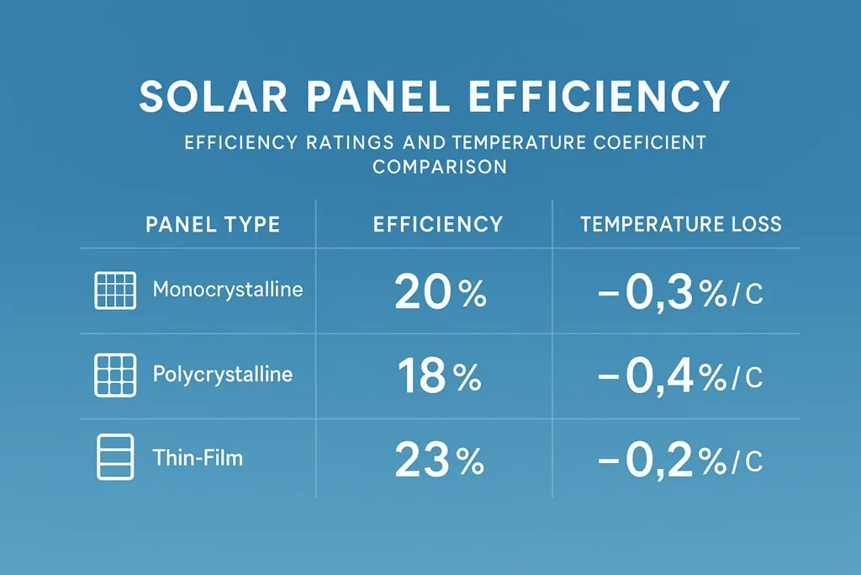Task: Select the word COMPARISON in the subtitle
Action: tap(440, 167)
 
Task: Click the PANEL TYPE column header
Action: tap(213, 224)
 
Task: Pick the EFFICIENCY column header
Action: tap(437, 224)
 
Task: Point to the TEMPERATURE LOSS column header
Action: tap(681, 224)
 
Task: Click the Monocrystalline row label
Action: tap(228, 290)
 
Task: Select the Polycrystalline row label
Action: tap(223, 375)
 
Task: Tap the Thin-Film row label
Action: tap(198, 458)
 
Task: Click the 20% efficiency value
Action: tap(440, 293)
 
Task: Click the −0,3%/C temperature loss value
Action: tap(679, 293)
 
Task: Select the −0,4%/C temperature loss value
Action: tap(679, 376)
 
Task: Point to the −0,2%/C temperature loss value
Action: tap(679, 461)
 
